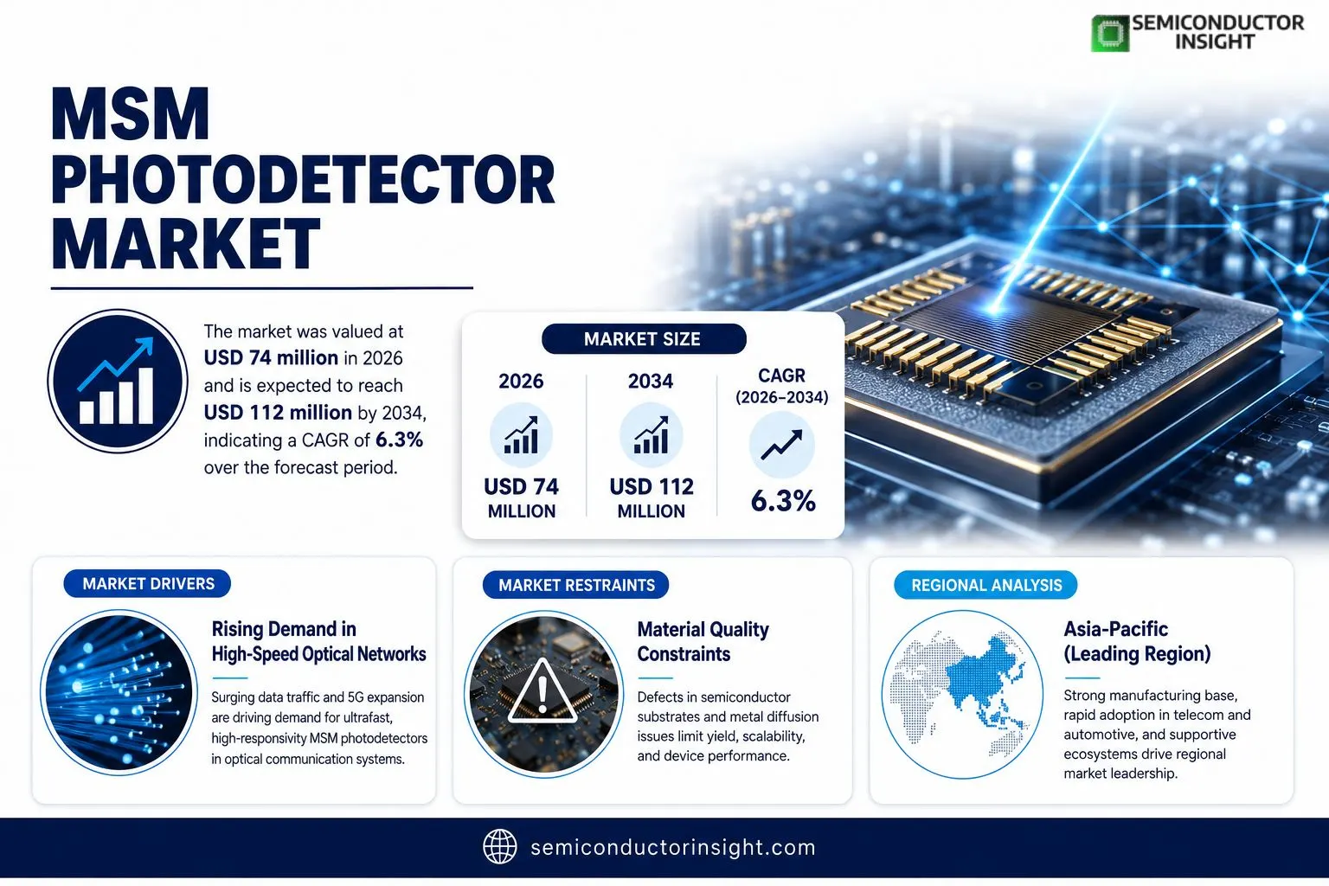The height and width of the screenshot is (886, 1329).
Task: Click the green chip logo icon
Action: pos(1110,33)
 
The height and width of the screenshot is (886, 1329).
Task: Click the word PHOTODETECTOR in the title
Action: pos(303,179)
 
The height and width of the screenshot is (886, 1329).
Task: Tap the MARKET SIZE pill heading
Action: pos(644,339)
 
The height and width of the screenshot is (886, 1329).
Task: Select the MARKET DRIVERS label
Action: pos(148,584)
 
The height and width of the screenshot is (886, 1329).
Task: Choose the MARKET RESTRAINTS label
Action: pos(576,585)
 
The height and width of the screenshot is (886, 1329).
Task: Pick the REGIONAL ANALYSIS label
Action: pos(986,585)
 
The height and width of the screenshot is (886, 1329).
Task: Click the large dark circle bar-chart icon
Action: pos(118,381)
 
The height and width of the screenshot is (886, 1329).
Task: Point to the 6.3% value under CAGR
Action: pos(783,501)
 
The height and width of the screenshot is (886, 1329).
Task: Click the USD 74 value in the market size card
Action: pos(522,486)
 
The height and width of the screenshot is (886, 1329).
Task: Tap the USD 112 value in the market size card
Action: pos(652,486)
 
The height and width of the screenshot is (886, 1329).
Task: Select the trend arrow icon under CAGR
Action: pos(781,445)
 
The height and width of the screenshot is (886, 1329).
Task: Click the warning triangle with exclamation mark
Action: pos(542,691)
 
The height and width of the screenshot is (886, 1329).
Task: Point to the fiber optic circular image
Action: pos(119,692)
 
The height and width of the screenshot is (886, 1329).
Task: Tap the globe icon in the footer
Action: pos(499,847)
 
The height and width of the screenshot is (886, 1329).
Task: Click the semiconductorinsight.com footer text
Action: pos(673,847)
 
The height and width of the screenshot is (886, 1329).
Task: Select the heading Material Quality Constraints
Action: pos(703,641)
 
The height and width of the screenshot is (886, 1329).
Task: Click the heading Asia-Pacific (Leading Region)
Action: pos(1137,641)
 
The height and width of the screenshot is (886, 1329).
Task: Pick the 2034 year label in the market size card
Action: pos(651,381)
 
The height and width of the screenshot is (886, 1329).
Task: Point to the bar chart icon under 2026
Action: pos(522,435)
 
